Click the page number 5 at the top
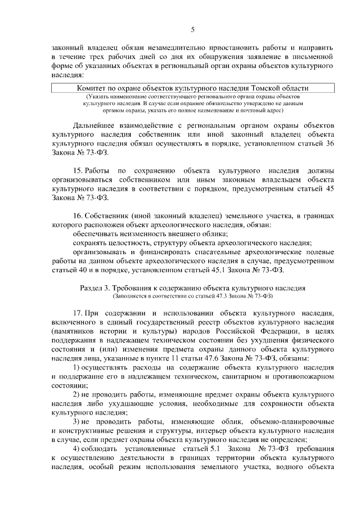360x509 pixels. (x=192, y=30)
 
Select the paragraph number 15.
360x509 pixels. (x=79, y=170)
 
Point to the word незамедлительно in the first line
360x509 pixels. (x=172, y=48)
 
